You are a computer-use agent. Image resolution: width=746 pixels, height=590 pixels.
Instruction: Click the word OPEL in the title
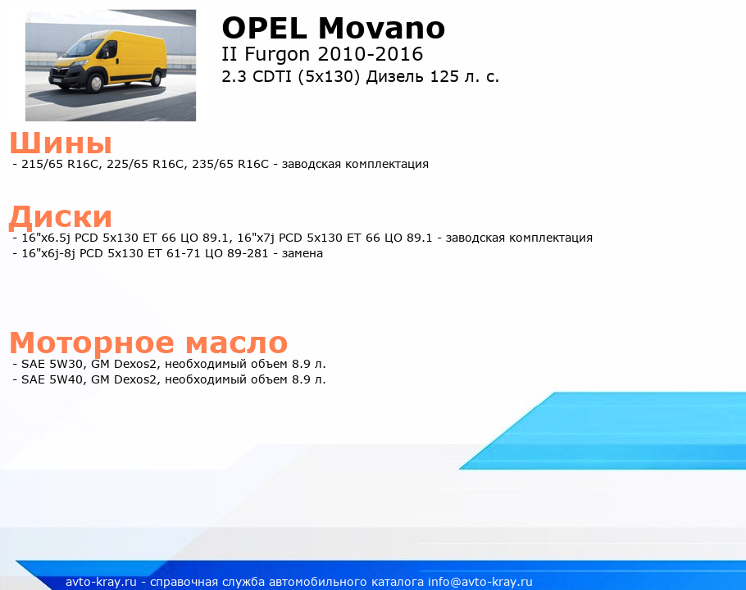[265, 28]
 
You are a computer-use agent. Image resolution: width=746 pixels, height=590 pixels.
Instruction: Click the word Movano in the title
[381, 28]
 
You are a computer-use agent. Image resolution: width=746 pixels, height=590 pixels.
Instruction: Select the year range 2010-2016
[371, 54]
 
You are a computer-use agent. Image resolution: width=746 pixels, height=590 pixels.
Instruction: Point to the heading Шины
[61, 143]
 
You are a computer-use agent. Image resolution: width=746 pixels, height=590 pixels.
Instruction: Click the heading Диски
[61, 217]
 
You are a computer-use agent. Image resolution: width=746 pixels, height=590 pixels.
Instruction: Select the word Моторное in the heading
[92, 343]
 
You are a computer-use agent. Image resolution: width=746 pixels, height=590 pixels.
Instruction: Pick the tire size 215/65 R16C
[61, 164]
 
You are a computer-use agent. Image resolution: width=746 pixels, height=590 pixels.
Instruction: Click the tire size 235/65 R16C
[230, 164]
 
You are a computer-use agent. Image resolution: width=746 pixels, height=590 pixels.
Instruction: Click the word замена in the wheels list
[302, 253]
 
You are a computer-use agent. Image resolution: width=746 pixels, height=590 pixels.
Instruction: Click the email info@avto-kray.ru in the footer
[480, 582]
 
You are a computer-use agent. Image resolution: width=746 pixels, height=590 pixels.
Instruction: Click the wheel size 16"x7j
[256, 238]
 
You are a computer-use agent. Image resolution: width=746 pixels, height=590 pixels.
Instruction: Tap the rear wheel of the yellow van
[157, 78]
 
